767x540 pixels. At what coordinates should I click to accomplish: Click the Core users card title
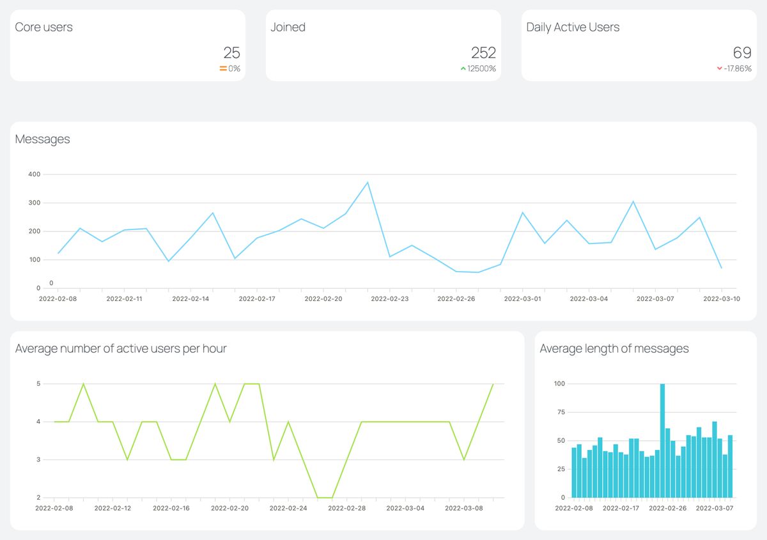[x=43, y=27]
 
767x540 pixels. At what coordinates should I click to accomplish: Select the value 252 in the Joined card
[x=483, y=52]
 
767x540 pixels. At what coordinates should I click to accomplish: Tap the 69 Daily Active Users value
[x=741, y=52]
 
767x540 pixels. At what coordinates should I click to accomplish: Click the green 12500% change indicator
[x=478, y=68]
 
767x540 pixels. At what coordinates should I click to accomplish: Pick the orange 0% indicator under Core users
[x=230, y=68]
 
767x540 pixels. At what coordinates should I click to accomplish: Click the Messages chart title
[x=42, y=139]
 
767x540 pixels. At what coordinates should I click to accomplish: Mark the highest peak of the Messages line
[x=368, y=183]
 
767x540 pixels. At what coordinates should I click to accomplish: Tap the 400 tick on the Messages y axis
[x=34, y=174]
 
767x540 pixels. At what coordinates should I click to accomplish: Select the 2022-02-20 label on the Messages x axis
[x=323, y=298]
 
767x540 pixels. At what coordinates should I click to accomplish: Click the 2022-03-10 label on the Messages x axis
[x=721, y=298]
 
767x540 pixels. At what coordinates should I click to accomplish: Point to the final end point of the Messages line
[x=722, y=268]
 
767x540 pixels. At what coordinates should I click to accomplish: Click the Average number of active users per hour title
[x=121, y=349]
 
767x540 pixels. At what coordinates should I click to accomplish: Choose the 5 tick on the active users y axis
[x=38, y=384]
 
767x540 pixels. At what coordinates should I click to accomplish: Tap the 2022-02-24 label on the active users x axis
[x=288, y=508]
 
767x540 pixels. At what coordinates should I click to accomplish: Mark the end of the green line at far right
[x=493, y=384]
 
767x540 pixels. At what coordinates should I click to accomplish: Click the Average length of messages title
[x=614, y=349]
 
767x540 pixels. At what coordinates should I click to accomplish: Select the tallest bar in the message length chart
[x=662, y=440]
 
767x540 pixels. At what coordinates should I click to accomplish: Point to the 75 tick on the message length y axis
[x=561, y=412]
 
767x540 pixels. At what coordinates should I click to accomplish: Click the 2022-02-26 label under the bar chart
[x=667, y=508]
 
